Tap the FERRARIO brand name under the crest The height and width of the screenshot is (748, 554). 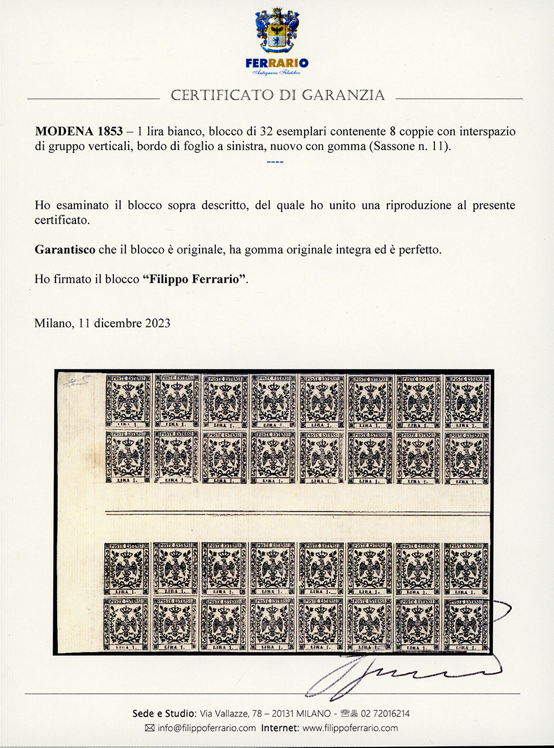pos(276,63)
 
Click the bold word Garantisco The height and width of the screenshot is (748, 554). pos(65,249)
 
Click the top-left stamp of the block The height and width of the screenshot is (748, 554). pos(128,401)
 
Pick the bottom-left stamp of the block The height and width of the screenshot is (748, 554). pos(127,623)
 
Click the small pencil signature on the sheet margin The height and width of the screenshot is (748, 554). pos(78,383)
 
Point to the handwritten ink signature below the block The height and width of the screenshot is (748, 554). pos(399,673)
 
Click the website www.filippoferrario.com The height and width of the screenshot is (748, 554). pos(350,728)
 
